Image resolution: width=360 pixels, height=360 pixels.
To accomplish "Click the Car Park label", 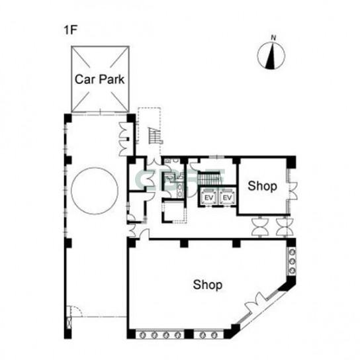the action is pyautogui.click(x=100, y=79).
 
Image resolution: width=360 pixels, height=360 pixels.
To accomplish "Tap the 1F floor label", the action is pyautogui.click(x=70, y=30).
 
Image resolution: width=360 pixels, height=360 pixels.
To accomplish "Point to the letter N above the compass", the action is pyautogui.click(x=273, y=38).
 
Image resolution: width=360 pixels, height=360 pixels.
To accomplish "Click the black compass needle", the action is pyautogui.click(x=271, y=56).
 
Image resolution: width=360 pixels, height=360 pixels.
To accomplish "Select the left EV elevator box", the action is pyautogui.click(x=208, y=197).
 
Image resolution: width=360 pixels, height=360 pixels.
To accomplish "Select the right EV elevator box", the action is pyautogui.click(x=227, y=197).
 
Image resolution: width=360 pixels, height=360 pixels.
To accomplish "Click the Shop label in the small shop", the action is pyautogui.click(x=262, y=186).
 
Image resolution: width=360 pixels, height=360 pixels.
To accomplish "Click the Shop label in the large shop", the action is pyautogui.click(x=208, y=285).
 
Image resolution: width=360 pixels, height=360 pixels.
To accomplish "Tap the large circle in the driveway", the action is pyautogui.click(x=95, y=191).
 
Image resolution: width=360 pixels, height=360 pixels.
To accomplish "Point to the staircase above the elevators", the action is pyautogui.click(x=210, y=179).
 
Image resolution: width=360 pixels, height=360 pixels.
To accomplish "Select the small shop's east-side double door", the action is pyautogui.click(x=292, y=191).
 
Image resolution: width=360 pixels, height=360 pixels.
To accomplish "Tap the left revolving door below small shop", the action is pyautogui.click(x=260, y=226).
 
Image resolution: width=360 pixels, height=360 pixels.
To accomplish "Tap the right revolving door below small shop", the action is pyautogui.click(x=285, y=226).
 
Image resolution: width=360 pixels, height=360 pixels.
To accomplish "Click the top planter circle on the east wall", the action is pyautogui.click(x=292, y=252).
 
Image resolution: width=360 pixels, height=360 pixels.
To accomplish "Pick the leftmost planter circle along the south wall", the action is pyautogui.click(x=142, y=335).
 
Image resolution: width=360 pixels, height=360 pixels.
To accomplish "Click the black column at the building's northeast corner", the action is pyautogui.click(x=291, y=162).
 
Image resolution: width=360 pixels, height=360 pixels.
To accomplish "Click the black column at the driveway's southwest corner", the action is pyautogui.click(x=67, y=334).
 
